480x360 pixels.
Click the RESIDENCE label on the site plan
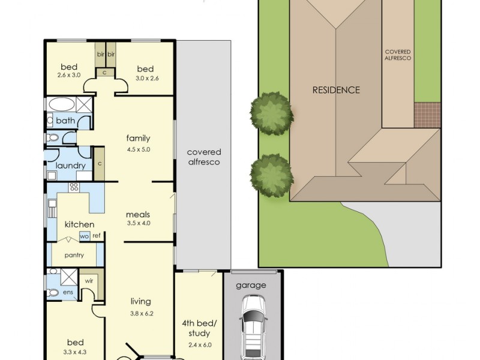(x=336, y=90)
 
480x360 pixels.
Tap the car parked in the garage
(x=253, y=327)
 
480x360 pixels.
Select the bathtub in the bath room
(x=62, y=104)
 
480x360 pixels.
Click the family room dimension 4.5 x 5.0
(x=139, y=149)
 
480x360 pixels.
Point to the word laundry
(x=70, y=166)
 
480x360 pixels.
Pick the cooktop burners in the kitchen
(x=74, y=187)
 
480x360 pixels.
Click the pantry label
(x=74, y=256)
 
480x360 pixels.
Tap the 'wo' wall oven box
(x=85, y=236)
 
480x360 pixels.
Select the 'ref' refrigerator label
(x=96, y=235)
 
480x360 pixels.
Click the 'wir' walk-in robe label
(x=89, y=281)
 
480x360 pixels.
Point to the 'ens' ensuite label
(x=68, y=292)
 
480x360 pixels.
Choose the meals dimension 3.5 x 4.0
(x=139, y=223)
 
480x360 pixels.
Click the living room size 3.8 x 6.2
(x=142, y=313)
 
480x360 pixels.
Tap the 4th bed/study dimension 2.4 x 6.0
(x=200, y=345)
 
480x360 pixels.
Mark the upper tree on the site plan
(x=272, y=113)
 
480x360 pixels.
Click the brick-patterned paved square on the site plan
(x=427, y=115)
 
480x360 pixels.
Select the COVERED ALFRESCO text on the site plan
(x=398, y=55)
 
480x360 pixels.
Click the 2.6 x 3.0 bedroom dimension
(x=69, y=75)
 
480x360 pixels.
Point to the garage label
(x=251, y=286)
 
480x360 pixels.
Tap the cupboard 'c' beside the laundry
(x=100, y=164)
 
